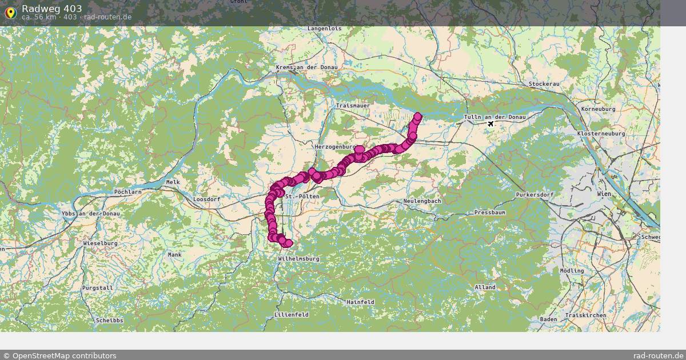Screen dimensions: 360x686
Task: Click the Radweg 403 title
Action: (51, 9)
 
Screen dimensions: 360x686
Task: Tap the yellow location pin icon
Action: (10, 12)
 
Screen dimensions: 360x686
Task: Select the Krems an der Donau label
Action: (306, 67)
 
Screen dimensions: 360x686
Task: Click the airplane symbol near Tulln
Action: (490, 123)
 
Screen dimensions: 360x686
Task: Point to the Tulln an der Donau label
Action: (494, 117)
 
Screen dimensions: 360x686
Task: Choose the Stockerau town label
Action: (544, 83)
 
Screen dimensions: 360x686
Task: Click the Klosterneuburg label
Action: (601, 133)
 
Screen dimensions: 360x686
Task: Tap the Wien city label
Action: (604, 194)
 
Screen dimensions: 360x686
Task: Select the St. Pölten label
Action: (302, 197)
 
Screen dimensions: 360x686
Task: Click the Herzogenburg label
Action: (336, 147)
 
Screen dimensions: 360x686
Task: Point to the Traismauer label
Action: (353, 106)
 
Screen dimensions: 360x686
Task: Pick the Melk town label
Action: (173, 182)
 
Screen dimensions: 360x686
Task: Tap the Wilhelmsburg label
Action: (298, 259)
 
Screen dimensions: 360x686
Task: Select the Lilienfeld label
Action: (292, 315)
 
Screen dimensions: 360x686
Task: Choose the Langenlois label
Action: (324, 28)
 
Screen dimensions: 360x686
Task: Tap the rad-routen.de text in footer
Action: (658, 355)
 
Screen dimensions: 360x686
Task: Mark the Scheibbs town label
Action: (109, 321)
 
